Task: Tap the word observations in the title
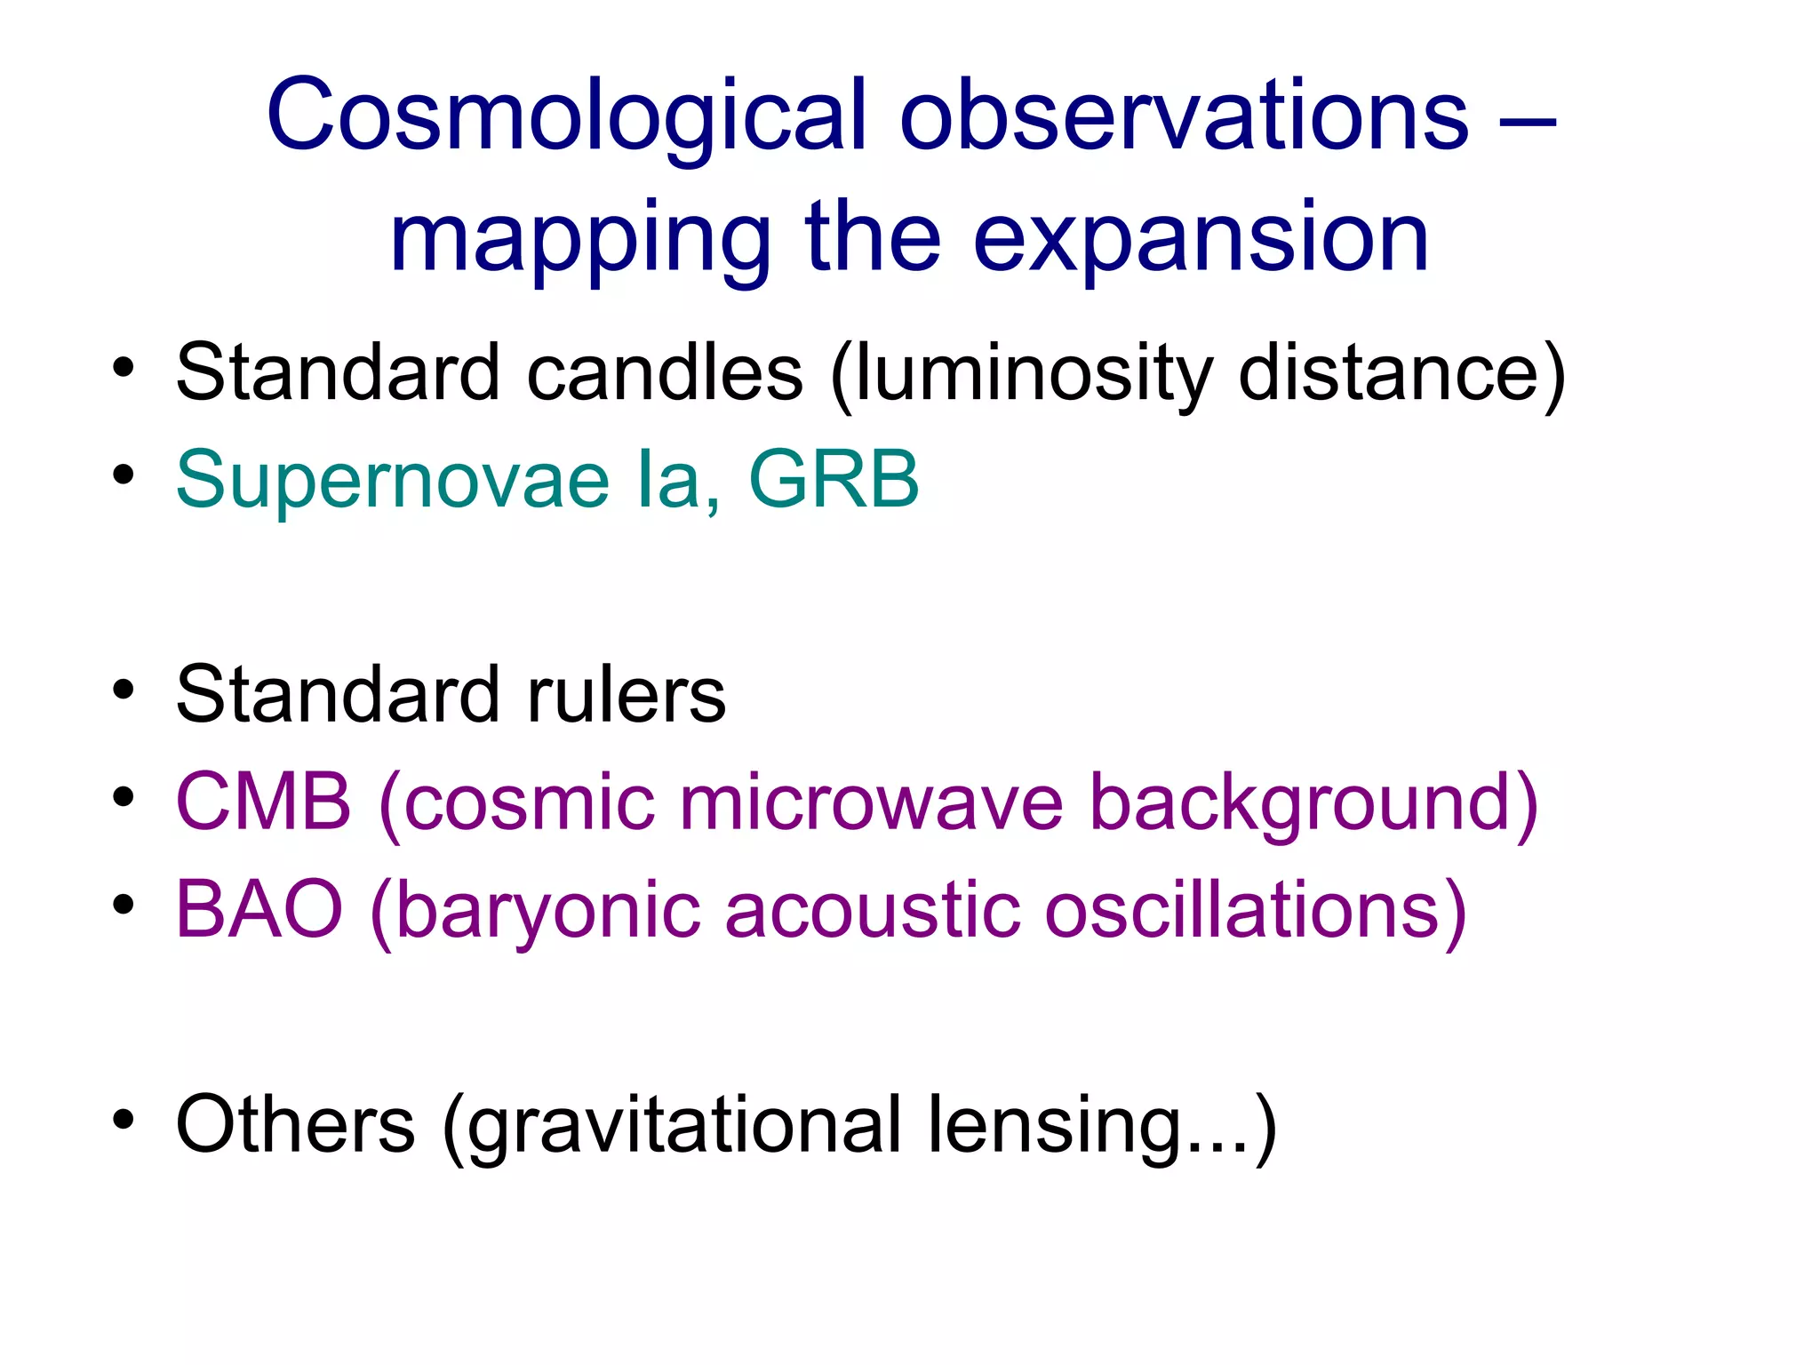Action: tap(1184, 116)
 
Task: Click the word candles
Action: tap(665, 373)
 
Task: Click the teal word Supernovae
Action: tap(392, 481)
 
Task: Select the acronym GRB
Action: tap(834, 479)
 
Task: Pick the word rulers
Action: tap(627, 695)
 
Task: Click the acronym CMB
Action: tap(264, 802)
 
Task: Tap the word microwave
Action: tap(871, 802)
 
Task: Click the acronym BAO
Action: tap(259, 909)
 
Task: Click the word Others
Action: tap(296, 1125)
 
